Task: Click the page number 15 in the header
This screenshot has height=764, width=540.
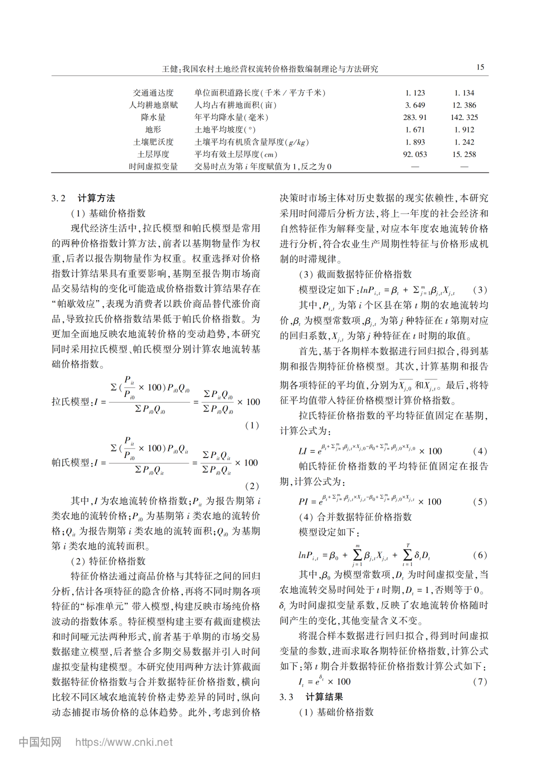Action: click(x=480, y=67)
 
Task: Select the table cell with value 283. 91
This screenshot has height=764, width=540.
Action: click(x=415, y=117)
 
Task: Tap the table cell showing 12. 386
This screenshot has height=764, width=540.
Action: click(x=464, y=105)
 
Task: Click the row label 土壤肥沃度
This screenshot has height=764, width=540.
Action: click(x=153, y=142)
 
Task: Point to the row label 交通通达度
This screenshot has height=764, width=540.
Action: click(x=153, y=93)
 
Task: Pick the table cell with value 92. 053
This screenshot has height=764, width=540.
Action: click(x=415, y=154)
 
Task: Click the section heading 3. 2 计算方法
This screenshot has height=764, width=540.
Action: click(x=83, y=198)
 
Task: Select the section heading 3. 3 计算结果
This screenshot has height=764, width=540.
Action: click(x=311, y=697)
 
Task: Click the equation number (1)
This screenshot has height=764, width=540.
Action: click(x=252, y=425)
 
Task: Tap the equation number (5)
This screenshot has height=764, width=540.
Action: click(x=479, y=501)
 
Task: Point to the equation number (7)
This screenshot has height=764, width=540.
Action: click(x=479, y=681)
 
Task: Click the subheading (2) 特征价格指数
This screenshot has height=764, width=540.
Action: click(x=108, y=561)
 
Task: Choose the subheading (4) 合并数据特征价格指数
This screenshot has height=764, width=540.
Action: click(x=355, y=517)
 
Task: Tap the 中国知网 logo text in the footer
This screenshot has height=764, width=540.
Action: click(x=40, y=742)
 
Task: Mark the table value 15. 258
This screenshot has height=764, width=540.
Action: click(x=464, y=154)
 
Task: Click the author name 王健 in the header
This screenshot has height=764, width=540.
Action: click(x=170, y=69)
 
